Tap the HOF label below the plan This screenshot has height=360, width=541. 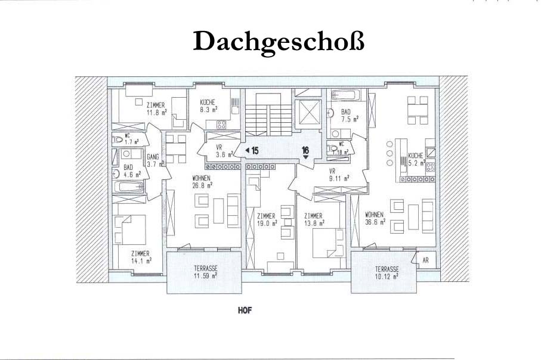pos(245,311)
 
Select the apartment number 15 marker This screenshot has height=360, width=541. pos(252,151)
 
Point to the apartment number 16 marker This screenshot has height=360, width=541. pos(305,152)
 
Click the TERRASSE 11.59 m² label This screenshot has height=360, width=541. pos(205,272)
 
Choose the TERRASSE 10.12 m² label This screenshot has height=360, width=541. pos(387,273)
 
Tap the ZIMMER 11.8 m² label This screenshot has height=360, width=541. pos(157,108)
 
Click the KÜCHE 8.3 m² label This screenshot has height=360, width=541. pos(208,106)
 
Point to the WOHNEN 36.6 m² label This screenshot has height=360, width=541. pos(375,218)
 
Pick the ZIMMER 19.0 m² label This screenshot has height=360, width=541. pos(267,219)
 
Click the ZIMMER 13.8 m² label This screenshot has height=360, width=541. pos(314,219)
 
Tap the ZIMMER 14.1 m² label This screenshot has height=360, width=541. pos(141,257)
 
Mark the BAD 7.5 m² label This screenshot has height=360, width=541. pos(349,115)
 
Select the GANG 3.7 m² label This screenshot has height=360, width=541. pos(155,160)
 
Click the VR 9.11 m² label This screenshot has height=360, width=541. pos(338,175)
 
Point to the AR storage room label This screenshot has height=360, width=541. pos(425,260)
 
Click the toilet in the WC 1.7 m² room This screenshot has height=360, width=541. pos(118,139)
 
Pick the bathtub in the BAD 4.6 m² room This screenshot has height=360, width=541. pos(128,187)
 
